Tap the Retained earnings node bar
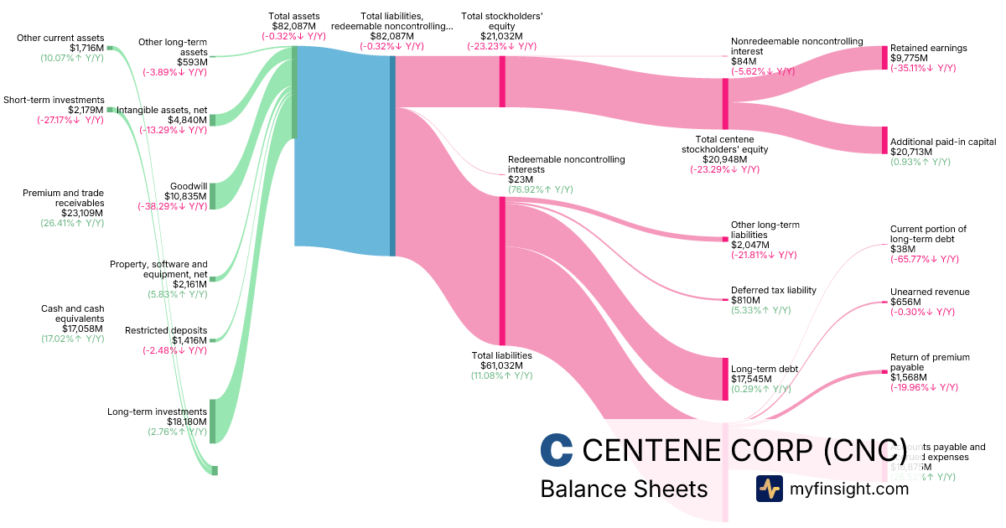[884, 58]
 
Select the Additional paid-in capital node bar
[884, 140]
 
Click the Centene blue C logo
[557, 450]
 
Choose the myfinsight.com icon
[769, 489]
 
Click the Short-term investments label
[54, 100]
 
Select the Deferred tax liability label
[773, 290]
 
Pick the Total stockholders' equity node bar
[502, 81]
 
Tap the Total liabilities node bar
[502, 271]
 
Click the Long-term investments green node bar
[213, 421]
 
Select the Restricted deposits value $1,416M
[189, 340]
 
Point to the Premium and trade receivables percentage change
[72, 223]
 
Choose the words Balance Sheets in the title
[624, 489]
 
